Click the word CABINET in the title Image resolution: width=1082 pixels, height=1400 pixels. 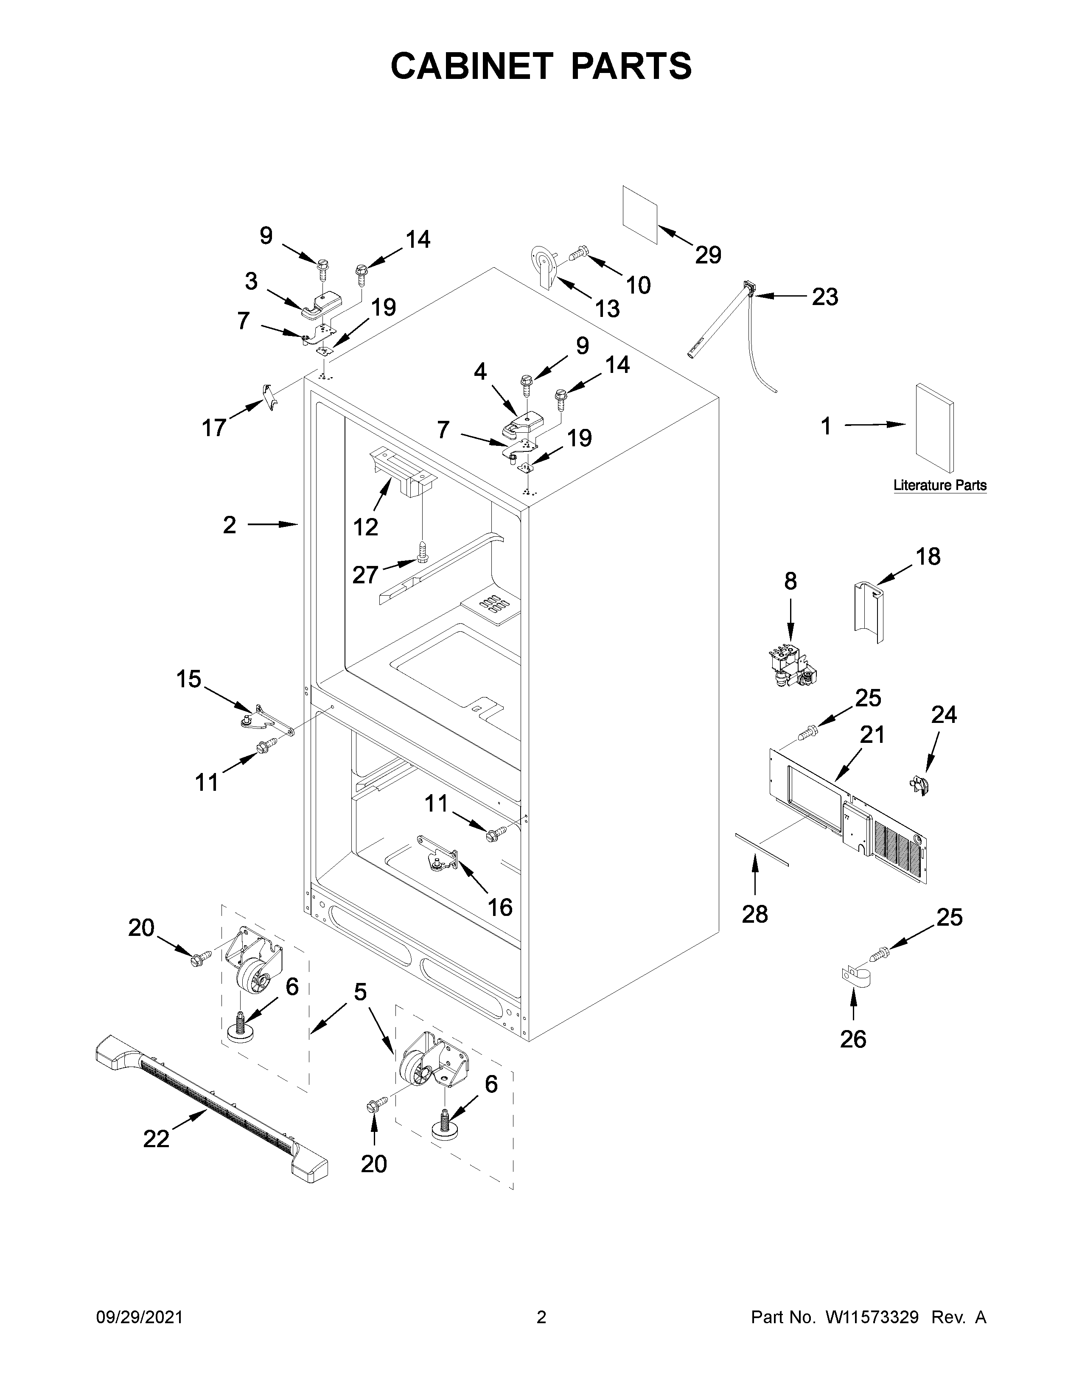[x=471, y=66]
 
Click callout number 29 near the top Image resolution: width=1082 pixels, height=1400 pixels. [x=708, y=255]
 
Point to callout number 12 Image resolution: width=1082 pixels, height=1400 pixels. [x=365, y=527]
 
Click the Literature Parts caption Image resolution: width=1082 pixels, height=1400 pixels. [x=940, y=485]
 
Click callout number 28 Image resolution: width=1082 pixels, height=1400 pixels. [x=754, y=914]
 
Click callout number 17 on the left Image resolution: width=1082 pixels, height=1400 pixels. [x=214, y=428]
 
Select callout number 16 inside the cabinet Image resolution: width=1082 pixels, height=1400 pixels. [x=500, y=907]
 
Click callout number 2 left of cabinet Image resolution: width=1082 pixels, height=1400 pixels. [x=230, y=525]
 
